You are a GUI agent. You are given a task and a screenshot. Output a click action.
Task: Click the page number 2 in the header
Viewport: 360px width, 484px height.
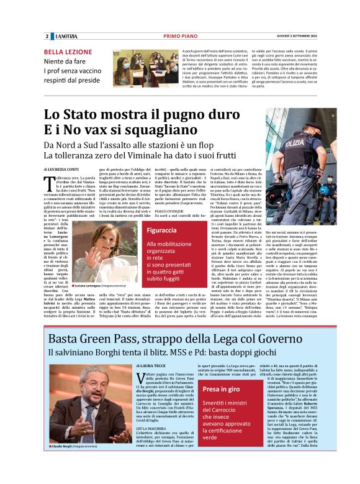(x=47, y=36)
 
